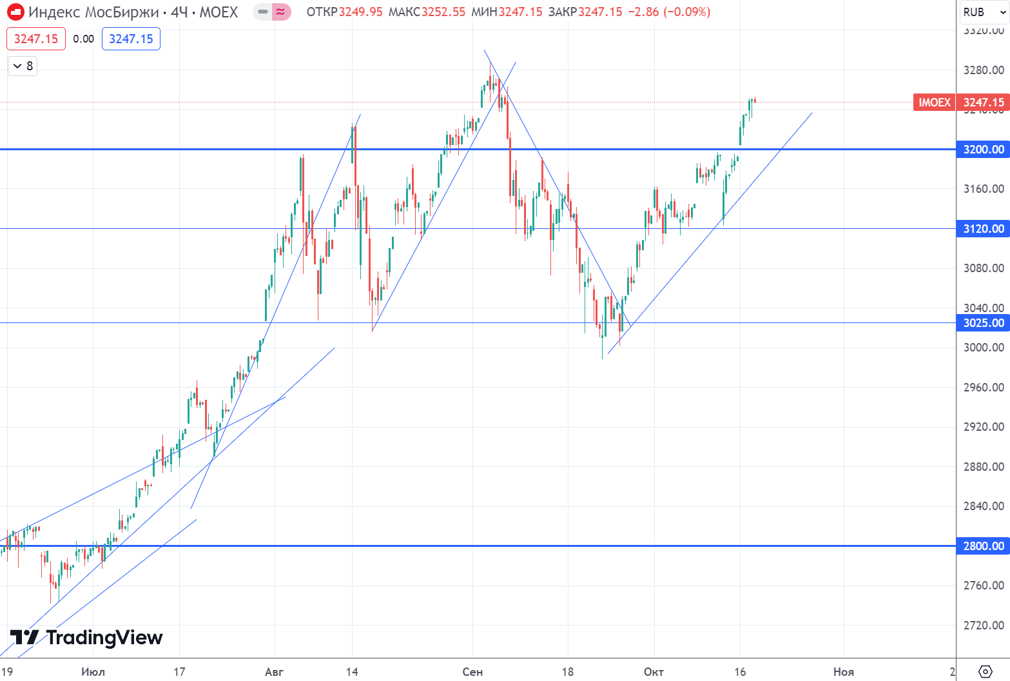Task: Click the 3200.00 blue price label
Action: (983, 150)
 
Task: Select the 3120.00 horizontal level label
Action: (983, 229)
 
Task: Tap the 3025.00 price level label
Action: (983, 323)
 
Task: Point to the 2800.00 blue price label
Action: (983, 546)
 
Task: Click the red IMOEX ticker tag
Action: (934, 103)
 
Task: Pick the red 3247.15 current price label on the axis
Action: (983, 103)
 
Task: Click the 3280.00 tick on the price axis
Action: (983, 70)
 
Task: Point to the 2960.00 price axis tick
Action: (983, 388)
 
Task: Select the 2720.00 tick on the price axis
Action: (983, 626)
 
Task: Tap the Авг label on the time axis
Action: (274, 672)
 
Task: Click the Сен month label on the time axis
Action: (472, 672)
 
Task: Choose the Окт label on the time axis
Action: (654, 672)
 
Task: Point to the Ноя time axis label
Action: (843, 672)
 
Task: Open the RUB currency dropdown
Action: (983, 12)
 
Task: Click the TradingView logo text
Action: (104, 638)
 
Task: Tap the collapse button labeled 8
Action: (23, 66)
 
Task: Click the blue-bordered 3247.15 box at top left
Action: (131, 39)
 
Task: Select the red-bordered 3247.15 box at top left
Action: (36, 39)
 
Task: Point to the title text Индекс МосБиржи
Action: (93, 12)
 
